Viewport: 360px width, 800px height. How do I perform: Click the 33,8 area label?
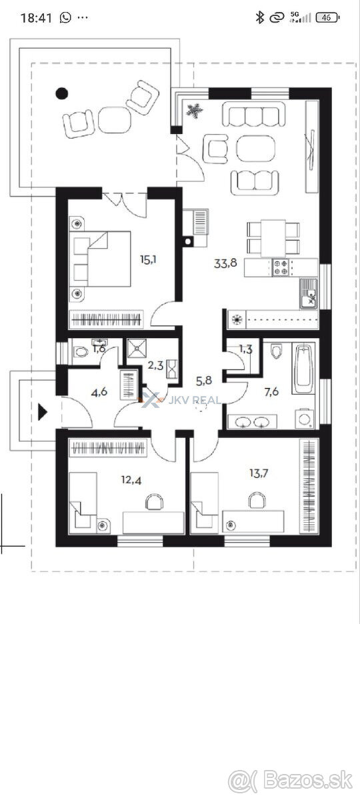[x=225, y=263]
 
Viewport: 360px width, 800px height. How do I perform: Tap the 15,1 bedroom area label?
[x=148, y=259]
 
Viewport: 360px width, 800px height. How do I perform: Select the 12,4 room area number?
[x=131, y=480]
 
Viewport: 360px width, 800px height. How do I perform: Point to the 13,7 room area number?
[x=259, y=473]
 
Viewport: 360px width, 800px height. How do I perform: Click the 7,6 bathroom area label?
[x=271, y=392]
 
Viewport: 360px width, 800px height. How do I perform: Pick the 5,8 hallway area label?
[x=204, y=381]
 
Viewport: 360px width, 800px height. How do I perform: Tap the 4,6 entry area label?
[x=99, y=393]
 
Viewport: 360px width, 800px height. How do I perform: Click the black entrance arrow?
[x=43, y=412]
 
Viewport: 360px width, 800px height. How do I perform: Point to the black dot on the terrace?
[x=62, y=93]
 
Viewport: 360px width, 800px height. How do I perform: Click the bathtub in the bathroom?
[x=303, y=368]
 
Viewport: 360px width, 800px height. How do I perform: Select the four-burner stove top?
[x=281, y=267]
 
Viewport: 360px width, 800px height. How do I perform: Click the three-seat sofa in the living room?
[x=254, y=114]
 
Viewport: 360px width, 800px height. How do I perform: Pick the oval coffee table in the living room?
[x=256, y=148]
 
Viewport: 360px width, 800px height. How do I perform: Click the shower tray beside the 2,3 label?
[x=137, y=348]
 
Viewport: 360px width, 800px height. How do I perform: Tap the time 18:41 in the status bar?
[x=36, y=18]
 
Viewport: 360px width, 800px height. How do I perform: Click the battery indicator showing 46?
[x=327, y=17]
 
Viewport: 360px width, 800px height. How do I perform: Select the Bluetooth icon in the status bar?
[x=259, y=17]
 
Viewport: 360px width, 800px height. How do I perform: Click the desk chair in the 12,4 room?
[x=155, y=501]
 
